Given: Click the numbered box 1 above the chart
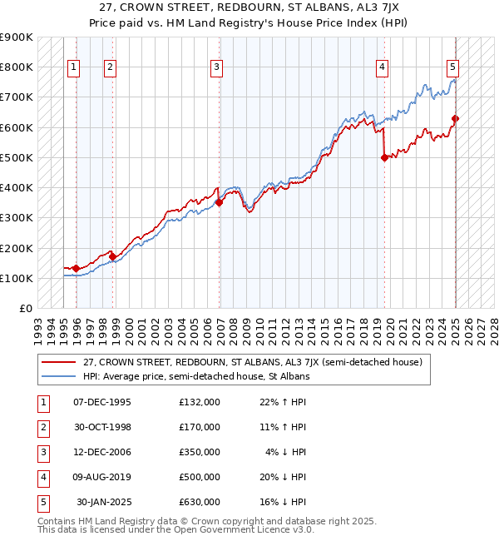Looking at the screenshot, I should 73,68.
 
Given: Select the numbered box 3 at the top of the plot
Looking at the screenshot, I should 215,68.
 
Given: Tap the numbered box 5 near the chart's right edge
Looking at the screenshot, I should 452,68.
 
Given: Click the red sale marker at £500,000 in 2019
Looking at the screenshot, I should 384,157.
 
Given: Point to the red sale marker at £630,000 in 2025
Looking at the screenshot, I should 456,118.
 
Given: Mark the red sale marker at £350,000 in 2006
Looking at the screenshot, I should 220,202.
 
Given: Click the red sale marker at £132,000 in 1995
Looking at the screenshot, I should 76,268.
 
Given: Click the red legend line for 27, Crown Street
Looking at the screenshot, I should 59,363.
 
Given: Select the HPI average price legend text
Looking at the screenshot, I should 195,376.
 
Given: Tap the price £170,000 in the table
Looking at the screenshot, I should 200,427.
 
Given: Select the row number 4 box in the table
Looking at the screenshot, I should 42,478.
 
